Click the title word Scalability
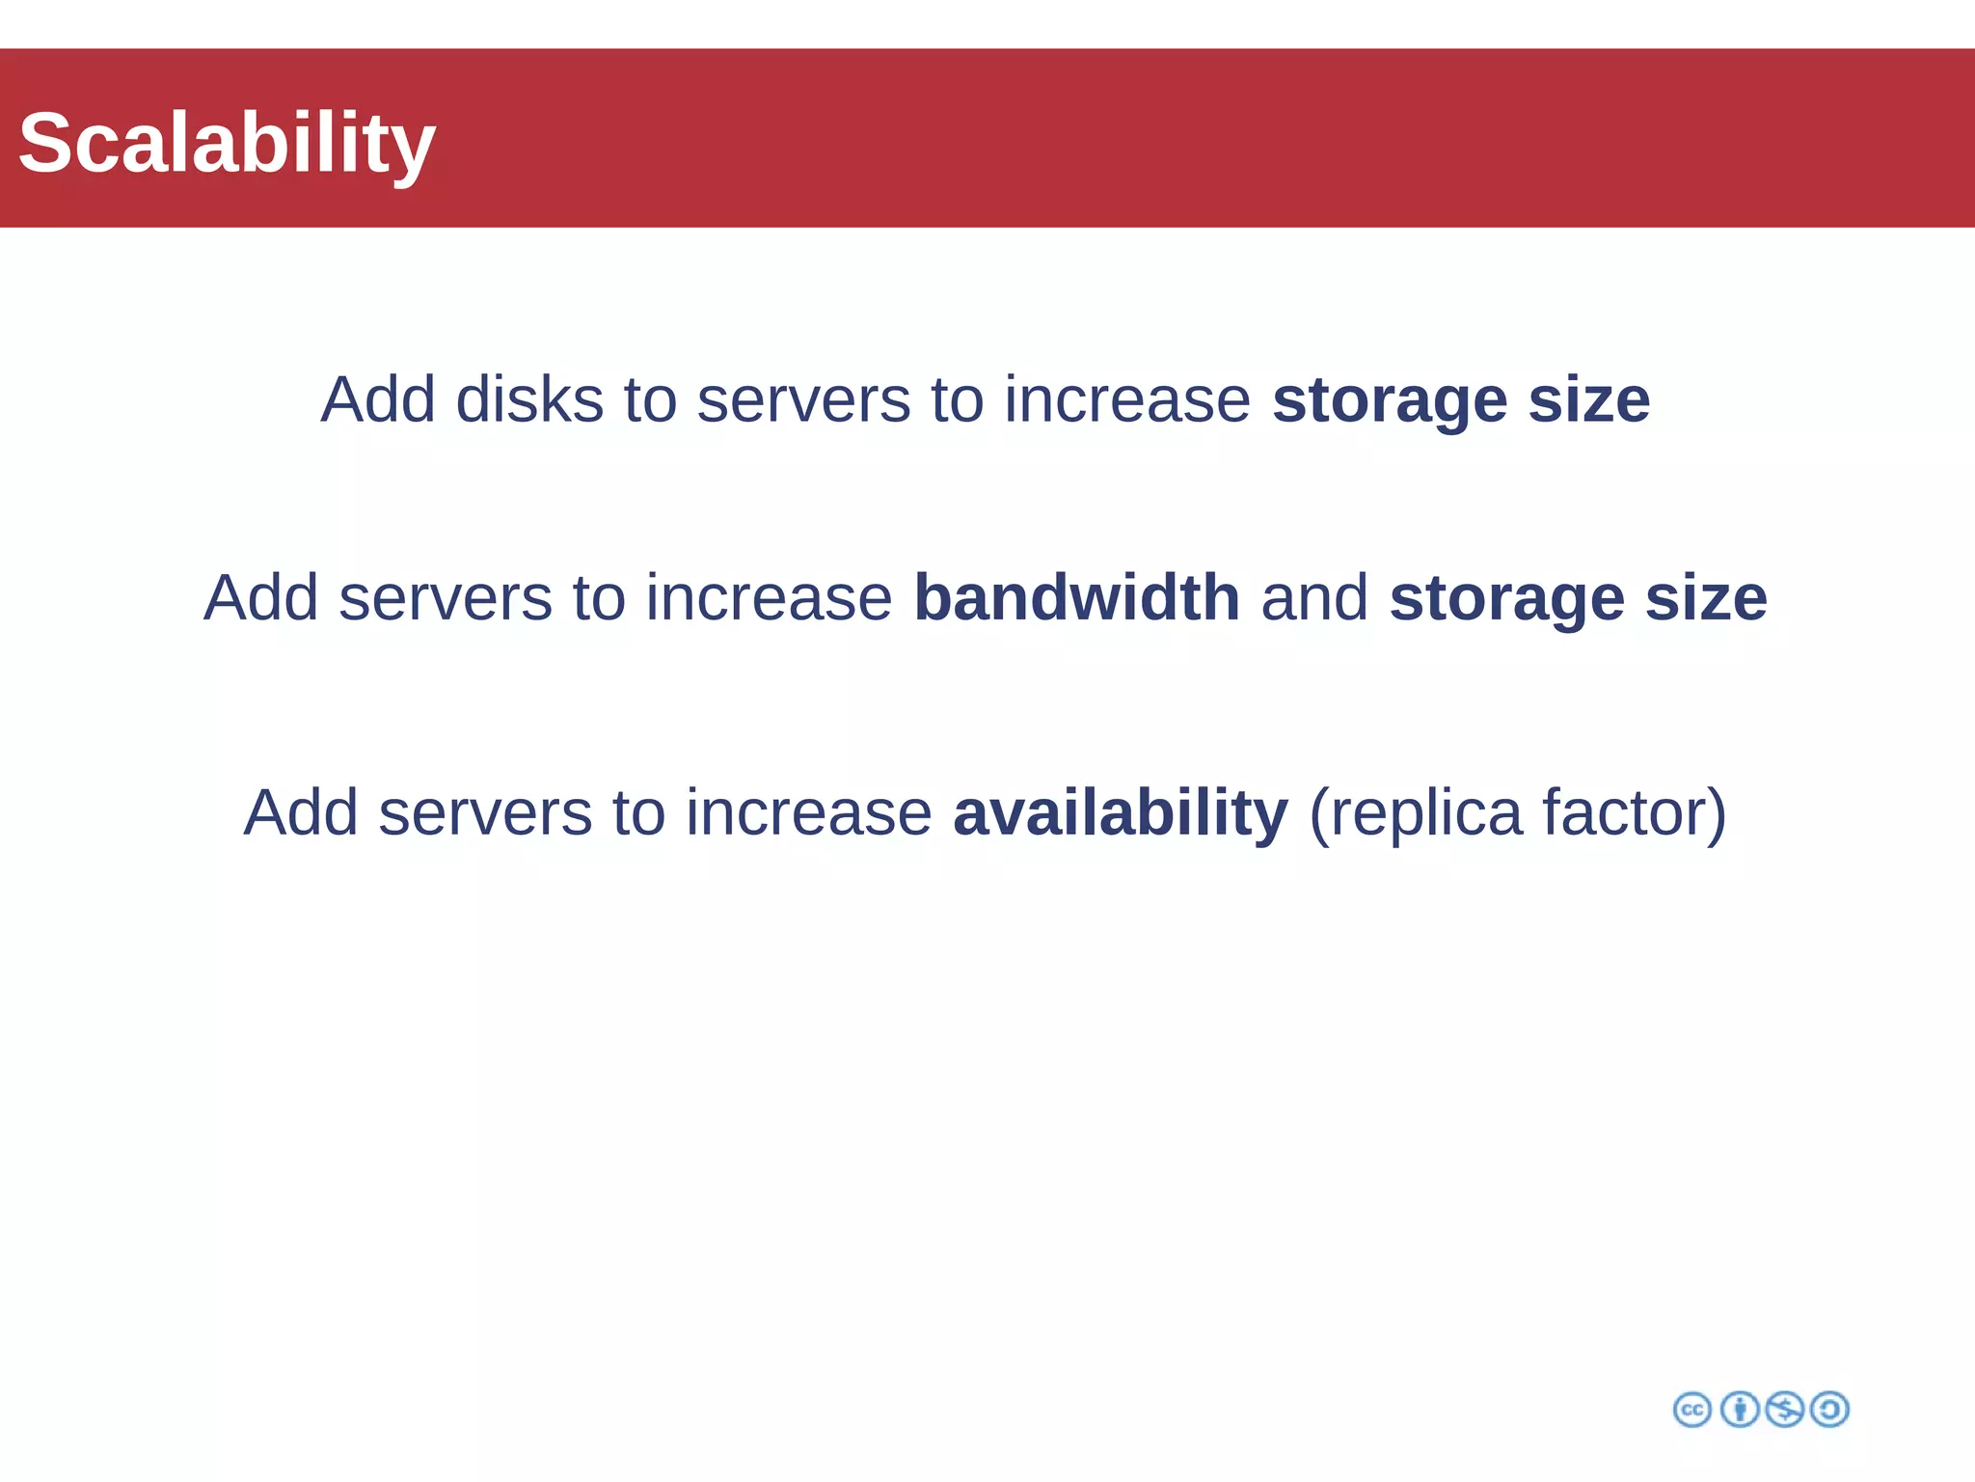[x=227, y=143]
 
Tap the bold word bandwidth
[x=1076, y=598]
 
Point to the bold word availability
[x=1120, y=813]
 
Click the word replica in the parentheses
[x=1429, y=813]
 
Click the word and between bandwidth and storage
[x=1314, y=598]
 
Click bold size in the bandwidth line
[x=1706, y=598]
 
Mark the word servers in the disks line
[x=803, y=399]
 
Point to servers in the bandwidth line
[x=446, y=598]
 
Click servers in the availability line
[x=485, y=813]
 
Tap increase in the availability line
[x=808, y=813]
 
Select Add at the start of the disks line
[x=378, y=399]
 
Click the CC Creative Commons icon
[x=1692, y=1410]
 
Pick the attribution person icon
[x=1739, y=1410]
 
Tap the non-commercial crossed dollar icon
[x=1784, y=1410]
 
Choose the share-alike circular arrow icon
[x=1829, y=1410]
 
